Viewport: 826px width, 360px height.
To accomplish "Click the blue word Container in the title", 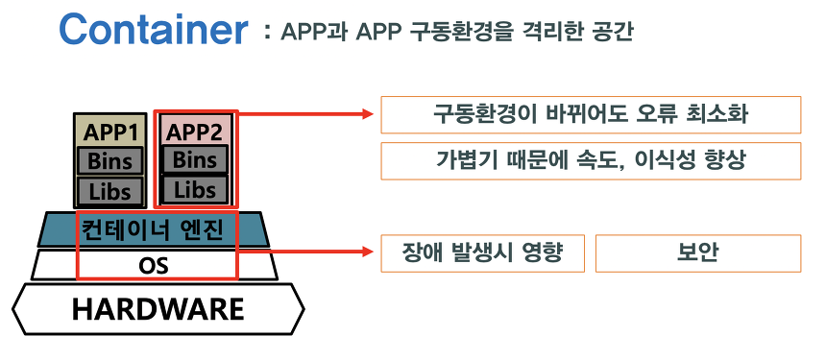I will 153,31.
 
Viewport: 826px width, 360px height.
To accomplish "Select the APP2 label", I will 195,131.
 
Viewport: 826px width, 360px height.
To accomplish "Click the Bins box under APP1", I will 109,159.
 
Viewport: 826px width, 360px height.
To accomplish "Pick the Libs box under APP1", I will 109,189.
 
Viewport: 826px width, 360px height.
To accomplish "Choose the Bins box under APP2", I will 195,158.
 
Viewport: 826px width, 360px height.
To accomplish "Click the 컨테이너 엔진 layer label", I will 155,230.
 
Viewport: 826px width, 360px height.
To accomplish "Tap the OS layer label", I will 154,265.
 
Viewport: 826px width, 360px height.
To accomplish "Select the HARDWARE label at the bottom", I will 158,309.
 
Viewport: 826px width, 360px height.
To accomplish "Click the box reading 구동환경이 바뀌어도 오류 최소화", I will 591,114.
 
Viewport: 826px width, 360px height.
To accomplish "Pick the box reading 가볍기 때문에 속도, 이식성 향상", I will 591,160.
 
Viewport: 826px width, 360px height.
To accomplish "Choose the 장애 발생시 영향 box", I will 483,252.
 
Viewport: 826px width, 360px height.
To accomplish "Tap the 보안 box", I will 697,252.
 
